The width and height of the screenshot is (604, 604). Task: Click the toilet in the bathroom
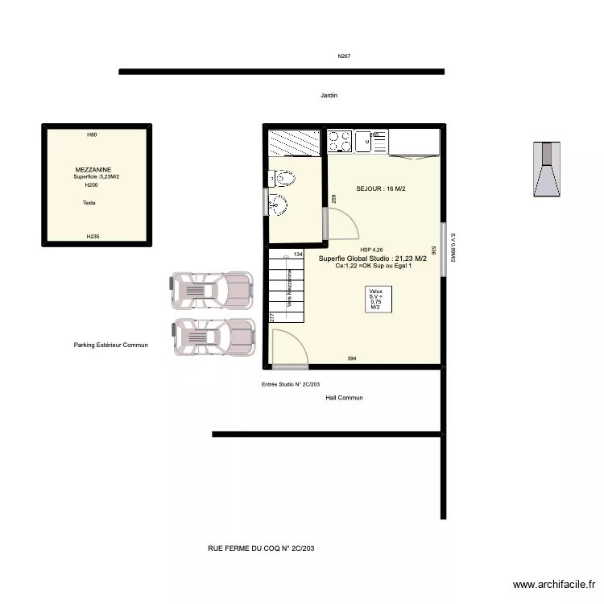tap(283, 177)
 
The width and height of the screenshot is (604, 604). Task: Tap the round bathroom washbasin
tap(278, 205)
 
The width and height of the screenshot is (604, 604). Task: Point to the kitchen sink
tap(371, 143)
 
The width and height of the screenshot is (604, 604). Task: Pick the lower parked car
tap(213, 336)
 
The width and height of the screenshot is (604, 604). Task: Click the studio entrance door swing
tap(288, 347)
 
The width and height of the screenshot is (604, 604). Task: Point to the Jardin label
tap(329, 95)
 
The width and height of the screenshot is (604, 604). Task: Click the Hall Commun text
tap(344, 398)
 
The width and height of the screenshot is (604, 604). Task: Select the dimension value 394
tap(352, 358)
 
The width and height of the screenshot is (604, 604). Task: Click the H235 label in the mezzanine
tap(93, 236)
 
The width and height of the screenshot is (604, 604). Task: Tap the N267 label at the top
tap(344, 56)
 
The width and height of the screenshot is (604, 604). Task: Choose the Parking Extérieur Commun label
tap(111, 345)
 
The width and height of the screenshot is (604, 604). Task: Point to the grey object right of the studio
tap(548, 169)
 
